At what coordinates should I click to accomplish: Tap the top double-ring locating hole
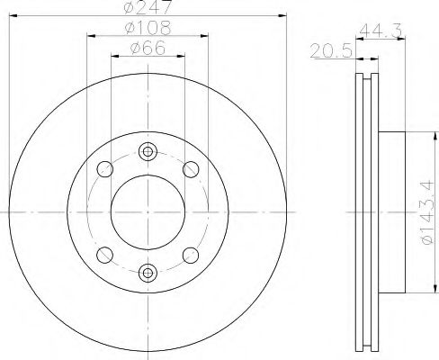[x=149, y=152]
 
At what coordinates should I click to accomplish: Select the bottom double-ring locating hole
[x=149, y=271]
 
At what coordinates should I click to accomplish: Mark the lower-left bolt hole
[x=106, y=255]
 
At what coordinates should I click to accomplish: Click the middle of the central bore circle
[x=149, y=211]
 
